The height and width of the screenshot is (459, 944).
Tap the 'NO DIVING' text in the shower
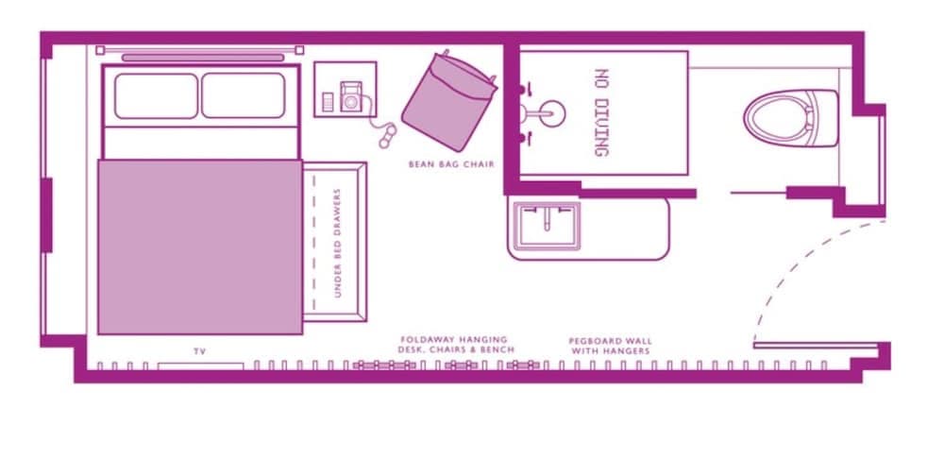pos(601,112)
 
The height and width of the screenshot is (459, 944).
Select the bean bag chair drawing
pos(448,101)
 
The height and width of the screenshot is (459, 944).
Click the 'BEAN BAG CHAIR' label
pos(451,163)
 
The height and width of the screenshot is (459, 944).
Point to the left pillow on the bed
pos(156,95)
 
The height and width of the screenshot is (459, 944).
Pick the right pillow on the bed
pos(244,95)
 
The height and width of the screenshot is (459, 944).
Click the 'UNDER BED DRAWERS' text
pos(337,243)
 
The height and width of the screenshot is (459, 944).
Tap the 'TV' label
pos(200,351)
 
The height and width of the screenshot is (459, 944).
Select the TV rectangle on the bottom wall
pos(200,365)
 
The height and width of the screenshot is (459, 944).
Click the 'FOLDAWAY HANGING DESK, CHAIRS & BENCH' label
pos(456,345)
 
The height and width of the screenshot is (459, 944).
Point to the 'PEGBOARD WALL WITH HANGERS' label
pos(610,346)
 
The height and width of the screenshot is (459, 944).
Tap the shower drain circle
pos(551,114)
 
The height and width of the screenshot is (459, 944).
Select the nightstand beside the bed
pos(346,89)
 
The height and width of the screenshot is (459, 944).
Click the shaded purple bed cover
pos(200,246)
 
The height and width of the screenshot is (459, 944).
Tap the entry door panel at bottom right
pos(816,345)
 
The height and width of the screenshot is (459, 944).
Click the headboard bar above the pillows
pos(203,58)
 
